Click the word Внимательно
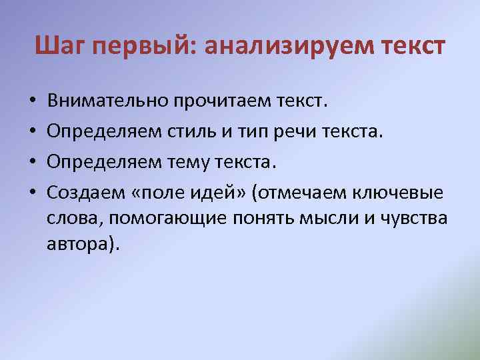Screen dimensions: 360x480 [107, 102]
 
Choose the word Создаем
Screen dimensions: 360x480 [85, 193]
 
